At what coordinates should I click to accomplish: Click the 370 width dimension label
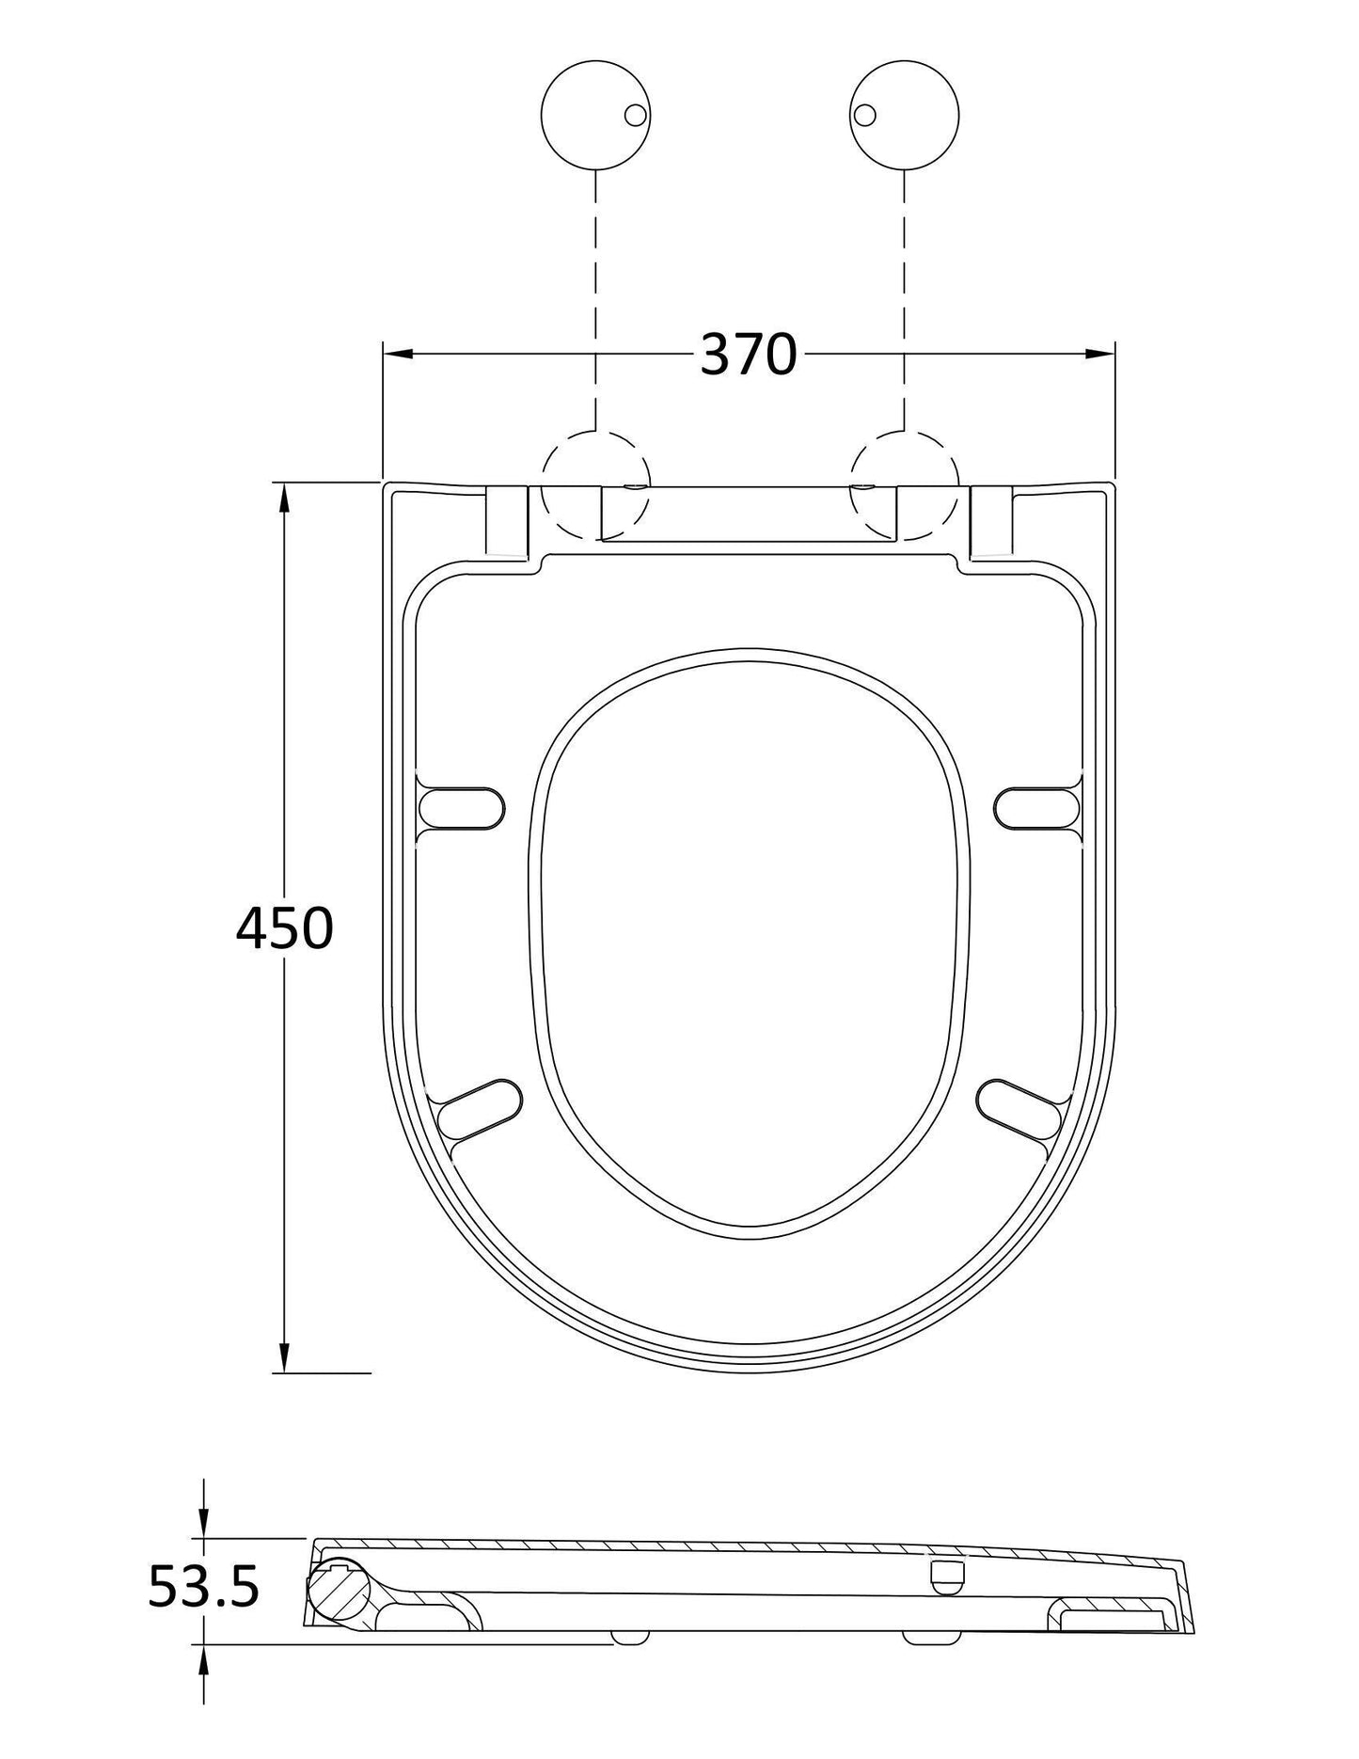click(x=749, y=355)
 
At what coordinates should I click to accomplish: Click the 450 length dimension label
click(x=284, y=928)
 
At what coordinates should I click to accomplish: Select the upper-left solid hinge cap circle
click(x=596, y=116)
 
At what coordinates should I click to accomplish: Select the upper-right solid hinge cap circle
click(x=905, y=116)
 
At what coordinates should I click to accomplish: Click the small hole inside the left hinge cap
click(x=636, y=115)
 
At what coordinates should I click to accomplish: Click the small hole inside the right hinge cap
click(x=864, y=115)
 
